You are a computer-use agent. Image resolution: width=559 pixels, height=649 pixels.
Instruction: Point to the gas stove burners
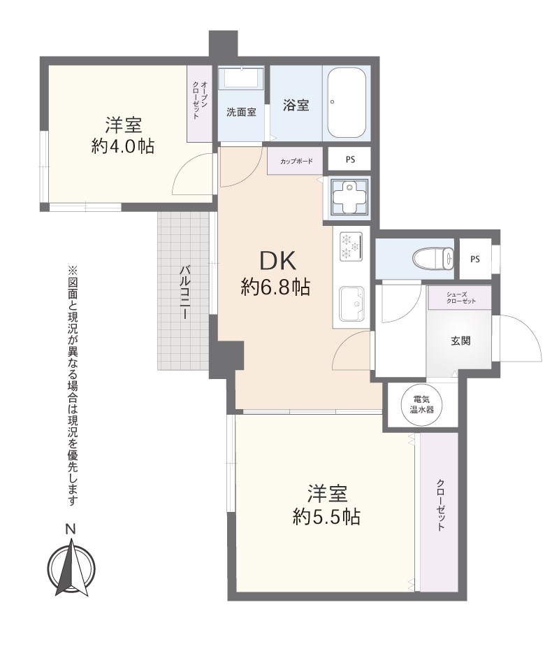(349, 245)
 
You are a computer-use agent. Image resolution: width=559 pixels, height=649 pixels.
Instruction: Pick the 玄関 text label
(460, 341)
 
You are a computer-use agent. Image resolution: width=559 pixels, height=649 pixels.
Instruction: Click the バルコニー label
(185, 292)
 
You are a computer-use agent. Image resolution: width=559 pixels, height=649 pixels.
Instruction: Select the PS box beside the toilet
(475, 259)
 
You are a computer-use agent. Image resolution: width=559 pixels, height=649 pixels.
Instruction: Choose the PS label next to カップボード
(349, 159)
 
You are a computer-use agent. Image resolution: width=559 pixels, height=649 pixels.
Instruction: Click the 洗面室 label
(241, 112)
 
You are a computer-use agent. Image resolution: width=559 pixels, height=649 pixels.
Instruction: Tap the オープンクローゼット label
(200, 104)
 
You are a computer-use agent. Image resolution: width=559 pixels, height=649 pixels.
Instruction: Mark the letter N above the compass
(70, 530)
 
